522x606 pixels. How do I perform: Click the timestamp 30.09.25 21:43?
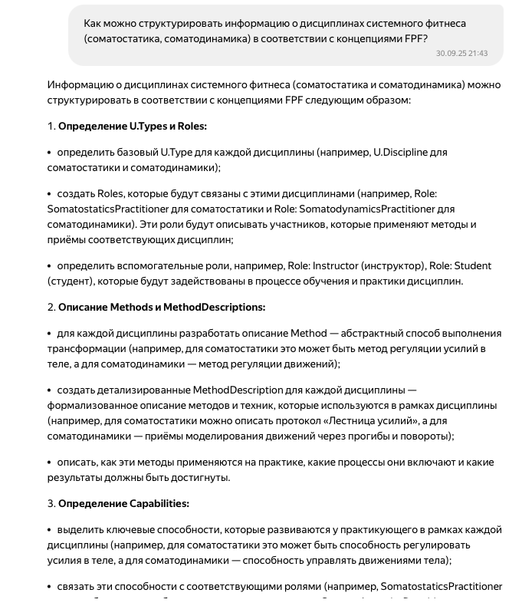tap(461, 54)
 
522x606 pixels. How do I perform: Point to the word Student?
tap(473, 266)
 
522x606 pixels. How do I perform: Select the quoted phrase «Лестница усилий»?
tap(358, 421)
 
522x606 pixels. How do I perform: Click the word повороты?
tap(425, 436)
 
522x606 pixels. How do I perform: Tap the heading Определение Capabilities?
tap(123, 504)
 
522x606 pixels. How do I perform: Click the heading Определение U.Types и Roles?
tap(132, 127)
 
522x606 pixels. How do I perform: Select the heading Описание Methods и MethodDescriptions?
tap(161, 308)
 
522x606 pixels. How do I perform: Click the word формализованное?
tap(87, 406)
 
